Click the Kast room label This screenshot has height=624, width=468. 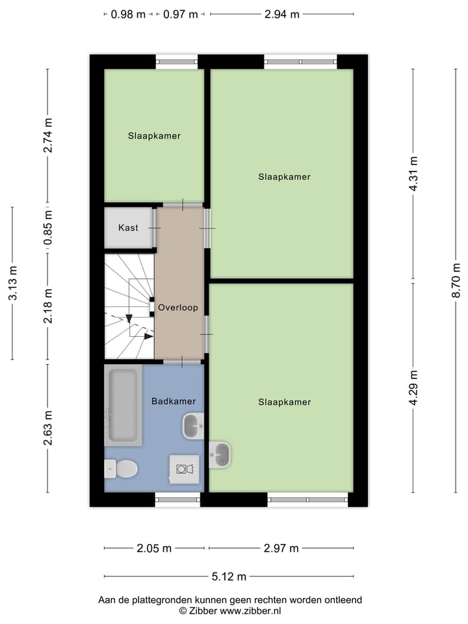(x=128, y=228)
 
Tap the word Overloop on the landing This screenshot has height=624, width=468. (x=177, y=307)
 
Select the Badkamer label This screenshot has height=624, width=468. (x=174, y=401)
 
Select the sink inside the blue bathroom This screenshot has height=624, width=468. (x=193, y=426)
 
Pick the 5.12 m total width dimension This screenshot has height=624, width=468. (x=229, y=577)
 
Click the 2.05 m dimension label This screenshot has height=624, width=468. (x=154, y=549)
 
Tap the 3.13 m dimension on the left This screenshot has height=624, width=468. (x=12, y=283)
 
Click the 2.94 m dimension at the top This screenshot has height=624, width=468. (x=282, y=14)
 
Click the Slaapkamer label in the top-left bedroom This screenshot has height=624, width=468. (x=154, y=136)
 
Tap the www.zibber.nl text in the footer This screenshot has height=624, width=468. (x=250, y=611)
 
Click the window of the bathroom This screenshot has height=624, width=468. (x=177, y=499)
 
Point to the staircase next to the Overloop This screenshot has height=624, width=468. (x=129, y=306)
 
